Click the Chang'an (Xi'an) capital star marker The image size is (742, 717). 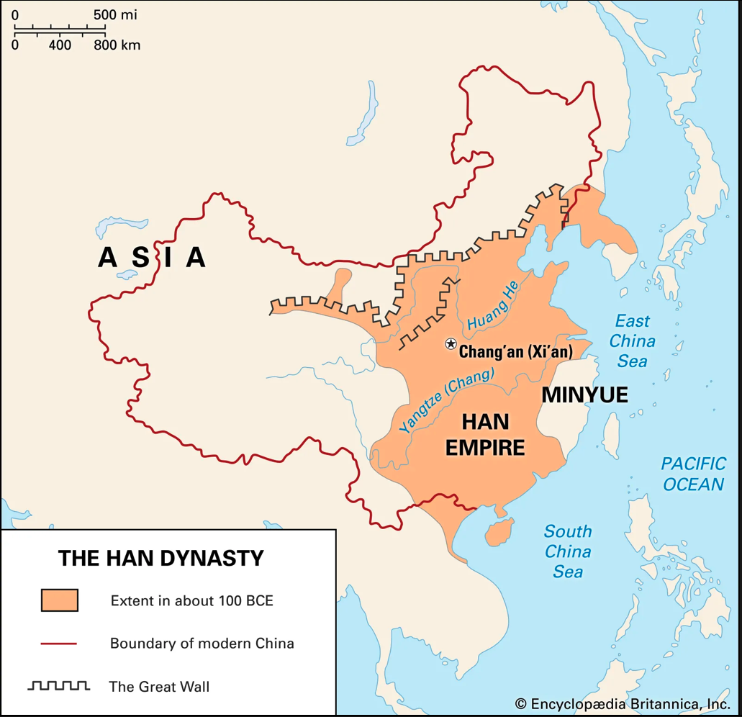(x=451, y=343)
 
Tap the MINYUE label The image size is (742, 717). (x=584, y=394)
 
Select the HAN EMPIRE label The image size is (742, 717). (x=484, y=434)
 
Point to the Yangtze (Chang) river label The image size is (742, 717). (x=445, y=400)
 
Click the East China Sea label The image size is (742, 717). (x=632, y=341)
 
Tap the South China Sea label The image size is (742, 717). (x=568, y=551)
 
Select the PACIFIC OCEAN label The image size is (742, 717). (x=693, y=474)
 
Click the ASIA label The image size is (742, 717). (x=153, y=257)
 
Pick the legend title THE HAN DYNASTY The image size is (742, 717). (x=160, y=558)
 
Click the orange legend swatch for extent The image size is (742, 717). (x=59, y=600)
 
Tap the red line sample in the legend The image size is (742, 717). (x=59, y=643)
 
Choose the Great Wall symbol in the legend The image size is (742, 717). (x=59, y=685)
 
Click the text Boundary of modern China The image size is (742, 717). (x=202, y=643)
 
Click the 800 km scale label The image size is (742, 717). (x=117, y=45)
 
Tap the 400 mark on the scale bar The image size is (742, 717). (x=60, y=45)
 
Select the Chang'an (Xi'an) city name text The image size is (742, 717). (x=515, y=353)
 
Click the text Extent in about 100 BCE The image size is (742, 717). (x=191, y=600)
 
